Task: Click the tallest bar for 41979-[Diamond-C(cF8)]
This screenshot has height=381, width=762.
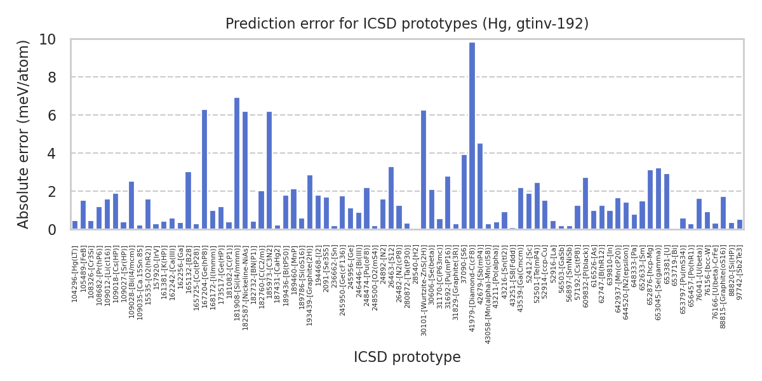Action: pyautogui.click(x=472, y=136)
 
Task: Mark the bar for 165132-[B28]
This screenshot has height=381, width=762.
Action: pyautogui.click(x=188, y=200)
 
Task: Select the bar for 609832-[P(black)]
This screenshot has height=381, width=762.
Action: pyautogui.click(x=585, y=203)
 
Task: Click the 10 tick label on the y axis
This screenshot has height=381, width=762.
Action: pyautogui.click(x=48, y=39)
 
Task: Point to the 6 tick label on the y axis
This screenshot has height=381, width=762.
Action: pyautogui.click(x=52, y=116)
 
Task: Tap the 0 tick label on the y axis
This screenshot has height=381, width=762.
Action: pyautogui.click(x=52, y=229)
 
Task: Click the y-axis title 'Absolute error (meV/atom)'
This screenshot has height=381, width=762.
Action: pyautogui.click(x=23, y=134)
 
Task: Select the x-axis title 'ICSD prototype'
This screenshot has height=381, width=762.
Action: pyautogui.click(x=407, y=358)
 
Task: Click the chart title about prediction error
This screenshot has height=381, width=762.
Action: pyautogui.click(x=407, y=24)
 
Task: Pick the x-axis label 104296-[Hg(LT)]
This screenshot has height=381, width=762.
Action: pyautogui.click(x=75, y=274)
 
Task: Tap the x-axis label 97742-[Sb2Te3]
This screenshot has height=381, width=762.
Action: pyautogui.click(x=740, y=274)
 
